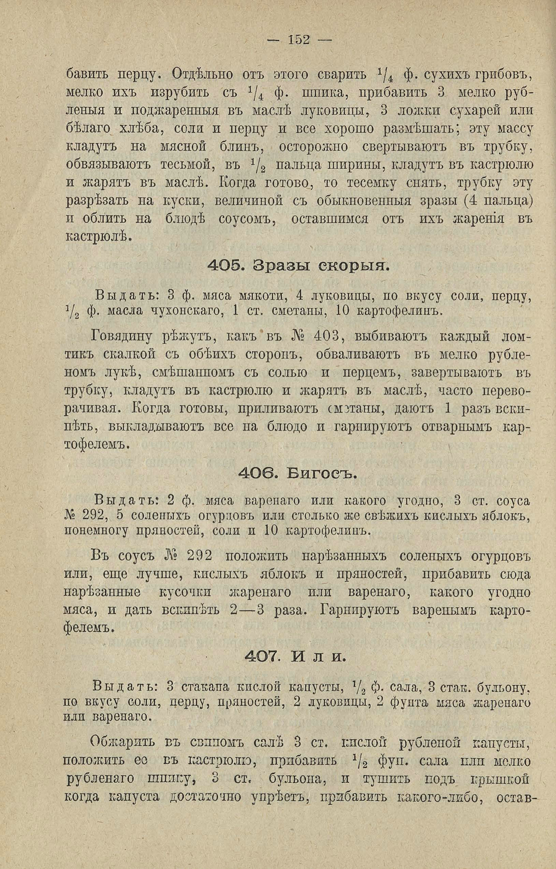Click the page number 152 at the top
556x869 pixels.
(299, 39)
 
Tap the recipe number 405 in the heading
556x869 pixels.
(221, 266)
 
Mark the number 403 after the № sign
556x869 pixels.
(326, 338)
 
